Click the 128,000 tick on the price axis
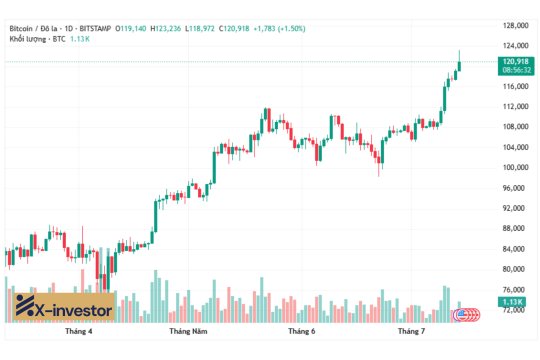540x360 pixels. tap(515, 25)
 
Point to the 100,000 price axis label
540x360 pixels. tap(515, 167)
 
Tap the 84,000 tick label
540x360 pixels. tap(514, 249)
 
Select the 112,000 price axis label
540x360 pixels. tap(515, 106)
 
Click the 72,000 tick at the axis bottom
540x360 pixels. tap(514, 310)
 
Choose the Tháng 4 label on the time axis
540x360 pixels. tap(78, 330)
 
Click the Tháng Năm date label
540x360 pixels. tap(188, 330)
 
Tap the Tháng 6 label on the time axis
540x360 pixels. tap(302, 330)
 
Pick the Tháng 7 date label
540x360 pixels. tap(412, 330)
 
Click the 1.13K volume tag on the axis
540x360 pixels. tap(513, 301)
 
